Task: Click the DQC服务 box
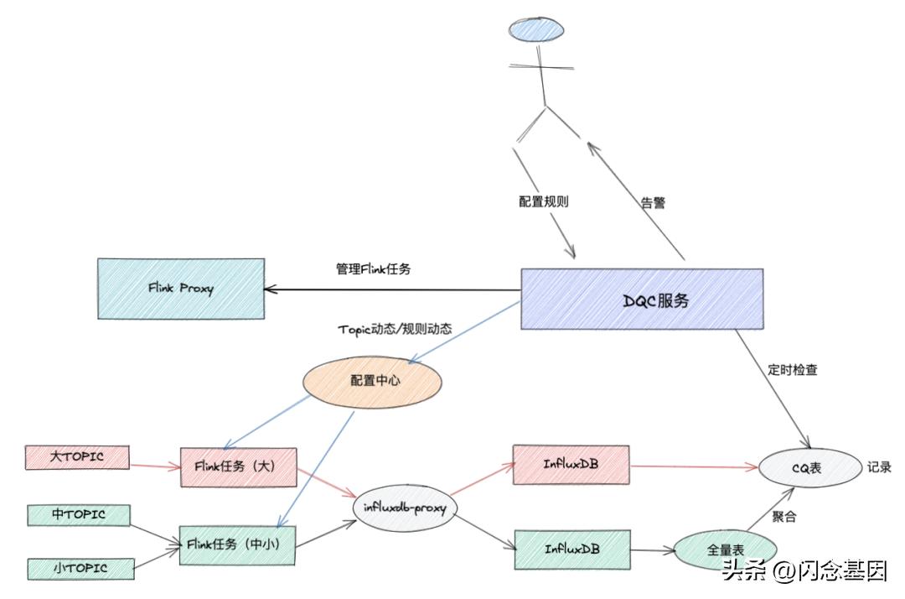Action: coord(642,299)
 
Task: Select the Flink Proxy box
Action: coord(180,288)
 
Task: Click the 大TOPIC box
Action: coord(77,457)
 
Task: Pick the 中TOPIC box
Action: coord(79,514)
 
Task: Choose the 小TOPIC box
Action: coord(80,568)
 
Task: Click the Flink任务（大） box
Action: coord(239,466)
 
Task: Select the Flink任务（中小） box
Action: coord(238,544)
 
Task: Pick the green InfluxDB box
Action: coord(571,549)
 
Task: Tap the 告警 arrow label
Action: coord(653,202)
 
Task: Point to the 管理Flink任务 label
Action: coord(373,268)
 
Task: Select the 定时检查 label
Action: coord(792,369)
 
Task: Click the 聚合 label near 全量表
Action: coord(783,517)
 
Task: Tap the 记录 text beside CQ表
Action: coord(879,466)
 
